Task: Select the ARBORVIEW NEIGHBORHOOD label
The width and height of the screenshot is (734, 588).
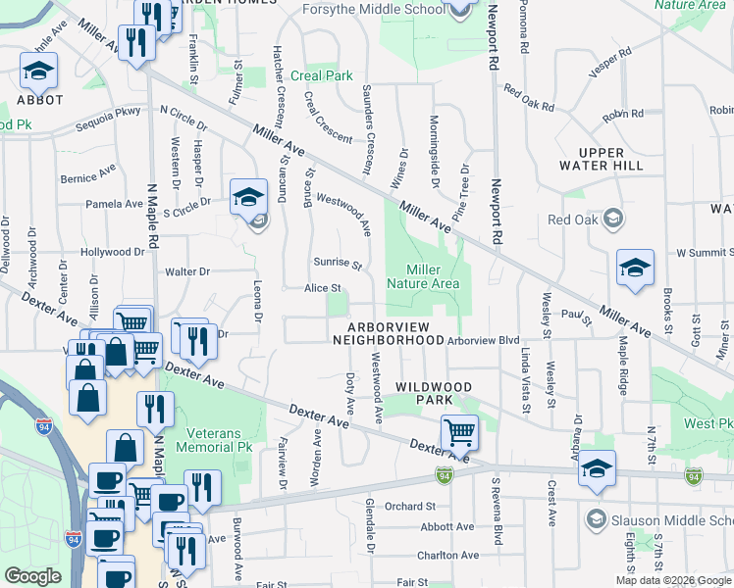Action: pyautogui.click(x=389, y=333)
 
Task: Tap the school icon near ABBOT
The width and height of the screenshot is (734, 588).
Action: pyautogui.click(x=38, y=71)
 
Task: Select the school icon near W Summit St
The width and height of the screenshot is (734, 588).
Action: pyautogui.click(x=635, y=268)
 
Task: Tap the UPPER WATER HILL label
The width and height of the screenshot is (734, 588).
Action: pyautogui.click(x=614, y=159)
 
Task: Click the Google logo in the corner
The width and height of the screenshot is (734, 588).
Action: pyautogui.click(x=31, y=576)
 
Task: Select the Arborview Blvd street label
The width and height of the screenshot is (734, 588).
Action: pyautogui.click(x=482, y=340)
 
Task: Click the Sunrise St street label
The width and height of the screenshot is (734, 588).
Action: pyautogui.click(x=338, y=264)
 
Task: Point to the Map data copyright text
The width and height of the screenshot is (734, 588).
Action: pyautogui.click(x=673, y=580)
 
